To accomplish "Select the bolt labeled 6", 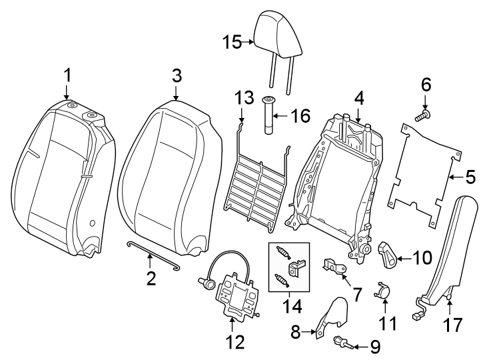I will click(x=423, y=116).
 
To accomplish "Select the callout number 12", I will click(x=235, y=342).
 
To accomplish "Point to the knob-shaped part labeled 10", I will click(x=387, y=251).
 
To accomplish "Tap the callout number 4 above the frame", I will click(x=358, y=98).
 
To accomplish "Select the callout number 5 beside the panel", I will click(x=470, y=177).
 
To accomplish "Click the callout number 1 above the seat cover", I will click(x=67, y=75).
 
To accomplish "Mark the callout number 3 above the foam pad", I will click(x=176, y=75).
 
